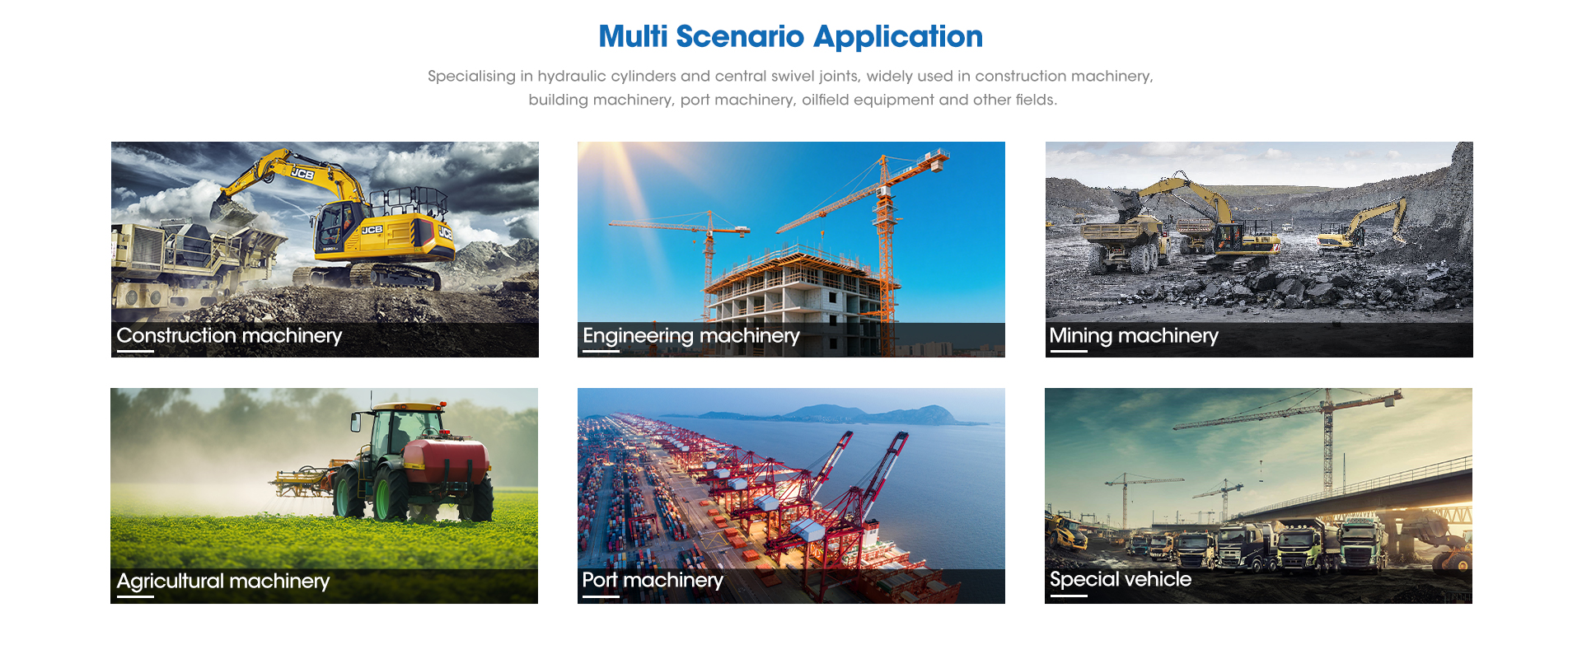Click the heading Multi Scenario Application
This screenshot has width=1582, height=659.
pos(790,36)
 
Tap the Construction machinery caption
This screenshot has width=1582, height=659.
pos(229,335)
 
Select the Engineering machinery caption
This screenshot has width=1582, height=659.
pos(691,335)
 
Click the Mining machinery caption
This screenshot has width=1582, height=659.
pos(1134,335)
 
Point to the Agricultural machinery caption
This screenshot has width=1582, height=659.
pos(223,581)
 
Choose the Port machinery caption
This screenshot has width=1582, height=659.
pos(653,580)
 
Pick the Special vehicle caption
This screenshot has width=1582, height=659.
pos(1121,579)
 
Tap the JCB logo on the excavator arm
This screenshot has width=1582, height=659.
pos(302,174)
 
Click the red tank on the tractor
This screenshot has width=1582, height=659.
pos(446,461)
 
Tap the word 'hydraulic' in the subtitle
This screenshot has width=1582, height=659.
pos(572,76)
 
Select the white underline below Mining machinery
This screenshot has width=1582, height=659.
pos(1069,352)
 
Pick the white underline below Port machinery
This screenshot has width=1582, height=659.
pos(601,596)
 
